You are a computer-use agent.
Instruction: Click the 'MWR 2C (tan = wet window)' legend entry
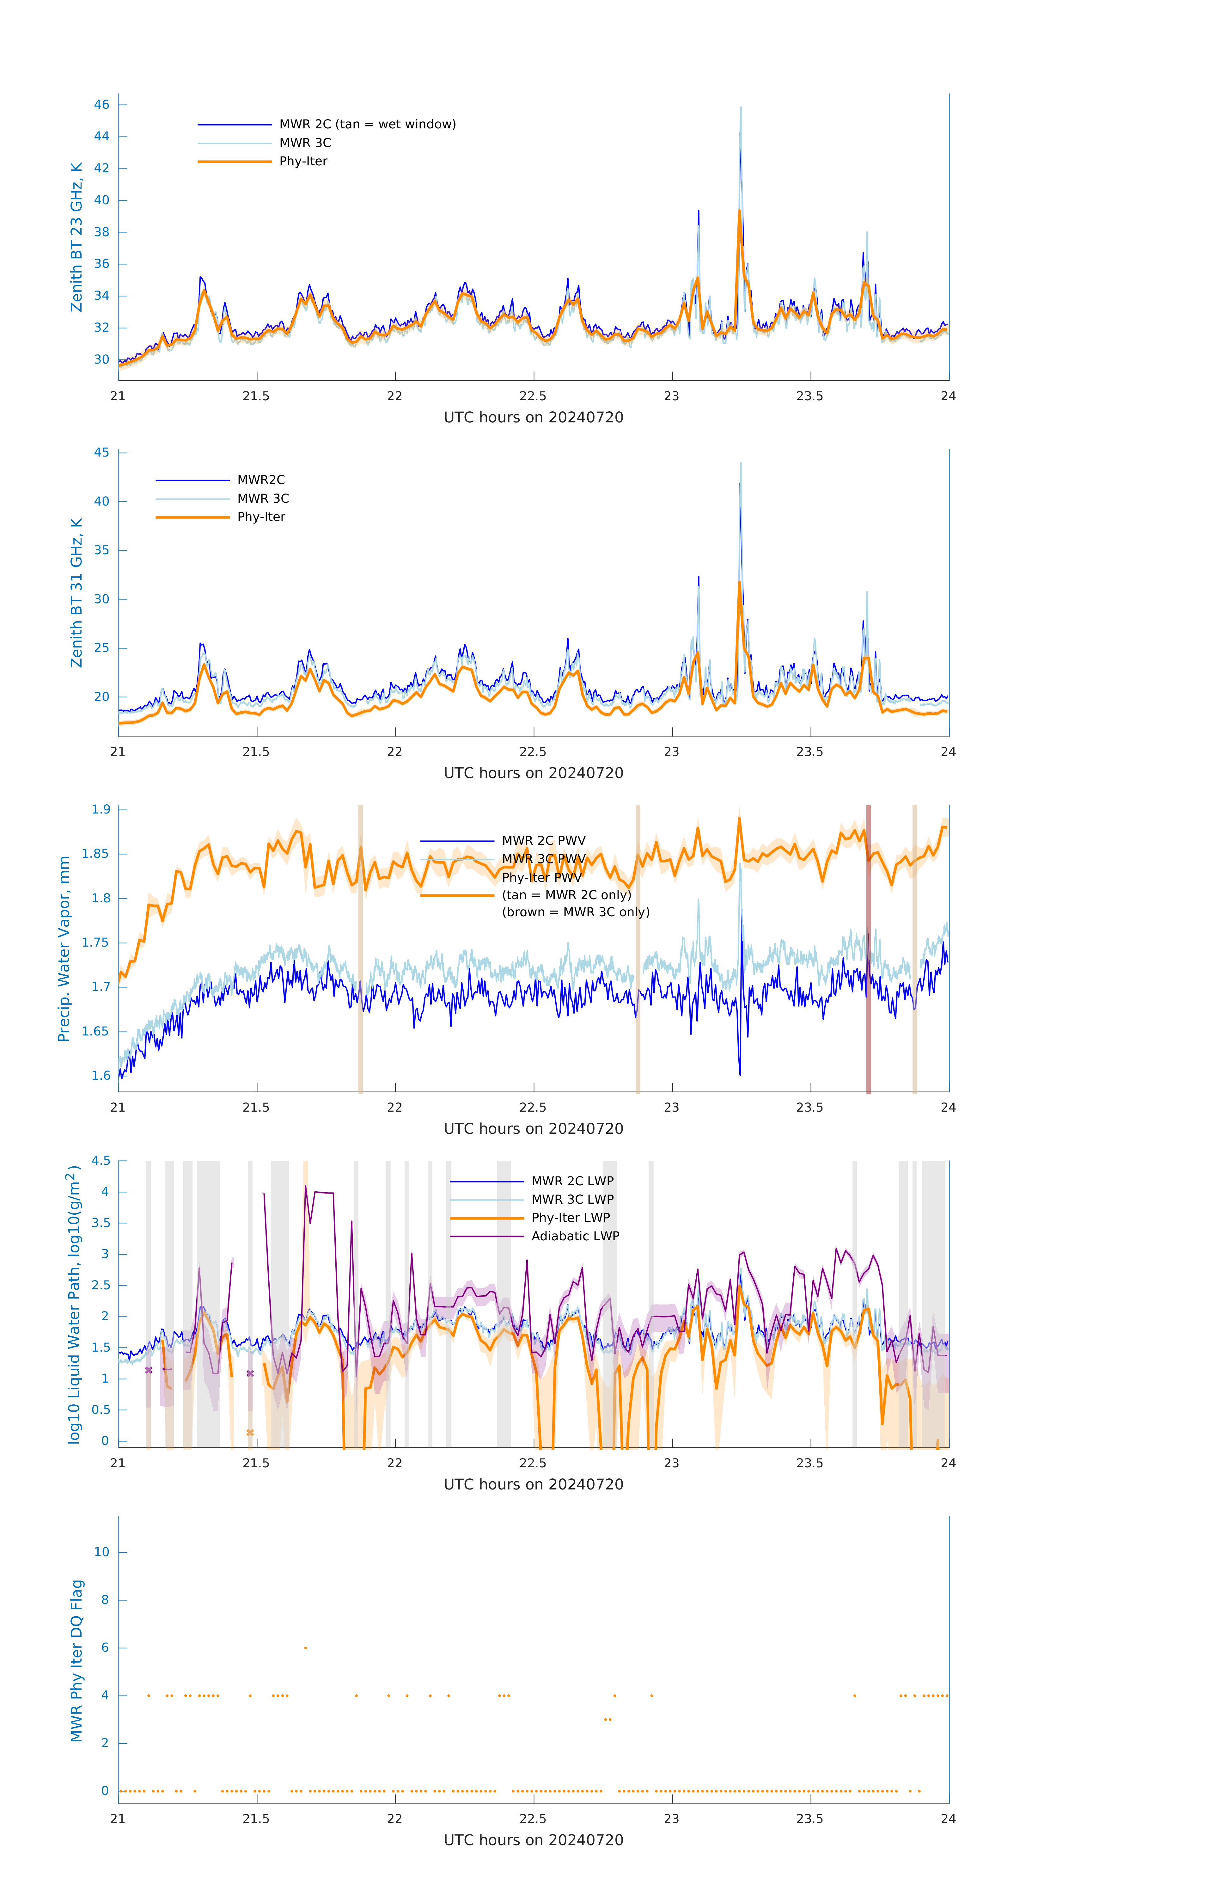click(367, 125)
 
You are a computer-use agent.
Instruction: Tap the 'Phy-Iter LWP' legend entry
click(570, 1218)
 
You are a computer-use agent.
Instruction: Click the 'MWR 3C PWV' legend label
click(543, 859)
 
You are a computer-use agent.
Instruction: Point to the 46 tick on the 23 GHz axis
click(101, 105)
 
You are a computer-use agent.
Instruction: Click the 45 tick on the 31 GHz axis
click(101, 452)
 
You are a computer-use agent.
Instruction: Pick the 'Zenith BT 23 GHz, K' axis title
click(76, 237)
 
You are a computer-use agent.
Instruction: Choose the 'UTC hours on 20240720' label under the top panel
click(533, 418)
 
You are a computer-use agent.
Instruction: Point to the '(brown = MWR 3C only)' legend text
click(576, 912)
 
